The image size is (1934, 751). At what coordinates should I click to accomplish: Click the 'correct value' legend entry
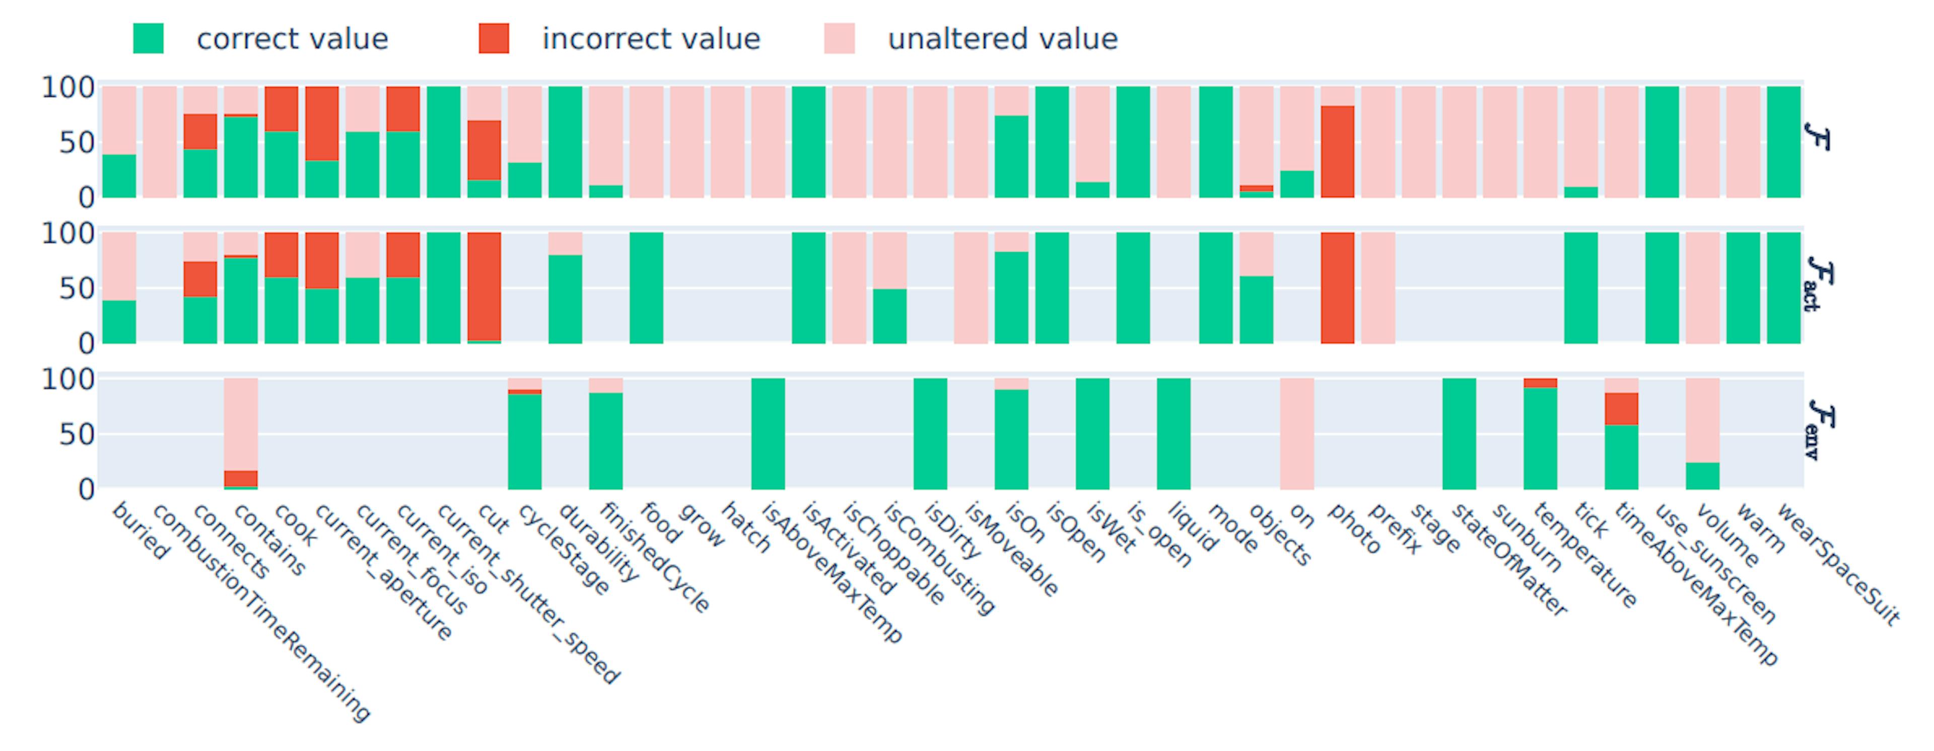(x=291, y=39)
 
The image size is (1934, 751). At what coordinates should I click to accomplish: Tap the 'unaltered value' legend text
(x=1002, y=39)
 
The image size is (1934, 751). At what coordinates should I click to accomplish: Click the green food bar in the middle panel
(x=646, y=288)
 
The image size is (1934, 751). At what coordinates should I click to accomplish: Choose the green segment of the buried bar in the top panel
(x=119, y=176)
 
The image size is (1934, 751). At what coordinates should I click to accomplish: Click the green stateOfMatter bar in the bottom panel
(x=1459, y=434)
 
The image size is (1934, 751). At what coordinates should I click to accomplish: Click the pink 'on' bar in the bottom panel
(x=1296, y=434)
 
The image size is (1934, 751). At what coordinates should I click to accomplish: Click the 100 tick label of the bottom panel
(x=67, y=380)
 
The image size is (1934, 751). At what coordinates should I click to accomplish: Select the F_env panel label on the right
(x=1820, y=429)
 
